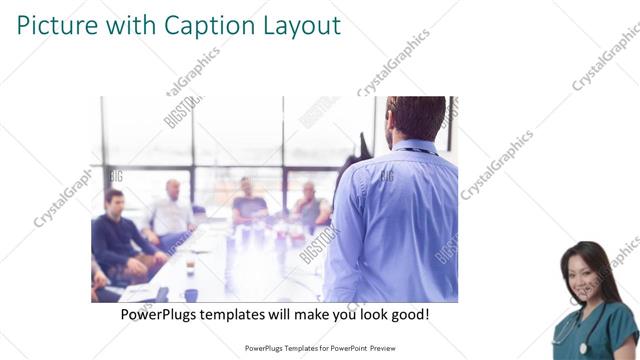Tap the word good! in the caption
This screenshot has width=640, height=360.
tap(408, 314)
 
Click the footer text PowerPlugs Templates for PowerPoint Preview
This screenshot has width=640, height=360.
tap(320, 349)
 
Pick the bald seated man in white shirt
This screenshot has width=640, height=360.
tap(172, 210)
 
